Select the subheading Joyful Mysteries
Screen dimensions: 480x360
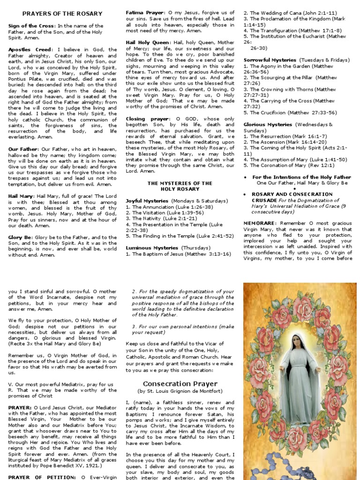click(147, 201)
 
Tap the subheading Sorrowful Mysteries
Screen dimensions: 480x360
click(270, 60)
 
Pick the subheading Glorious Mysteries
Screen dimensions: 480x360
click(268, 124)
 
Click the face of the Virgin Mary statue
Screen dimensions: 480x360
click(299, 342)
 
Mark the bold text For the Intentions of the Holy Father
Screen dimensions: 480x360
click(301, 177)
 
